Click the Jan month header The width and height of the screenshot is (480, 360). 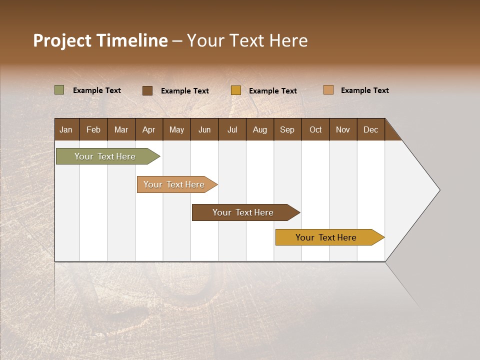coord(66,129)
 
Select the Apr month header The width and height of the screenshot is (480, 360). coord(148,129)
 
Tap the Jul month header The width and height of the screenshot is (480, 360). coord(232,129)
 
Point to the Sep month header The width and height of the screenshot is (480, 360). coord(287,129)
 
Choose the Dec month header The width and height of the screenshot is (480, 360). coord(370,129)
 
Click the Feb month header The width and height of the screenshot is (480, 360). coord(93,129)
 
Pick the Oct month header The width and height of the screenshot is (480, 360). coord(315,129)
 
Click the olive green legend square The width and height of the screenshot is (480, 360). coord(59,90)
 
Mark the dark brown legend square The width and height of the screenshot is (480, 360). coord(147,90)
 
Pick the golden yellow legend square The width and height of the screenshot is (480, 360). coord(236,90)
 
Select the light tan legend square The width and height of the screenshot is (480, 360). coord(328,90)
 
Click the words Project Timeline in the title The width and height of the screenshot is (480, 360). coord(100,40)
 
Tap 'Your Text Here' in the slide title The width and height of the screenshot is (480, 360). coord(247,40)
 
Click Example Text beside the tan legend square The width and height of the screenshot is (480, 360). coord(364,90)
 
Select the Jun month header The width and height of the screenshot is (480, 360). coord(204,129)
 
